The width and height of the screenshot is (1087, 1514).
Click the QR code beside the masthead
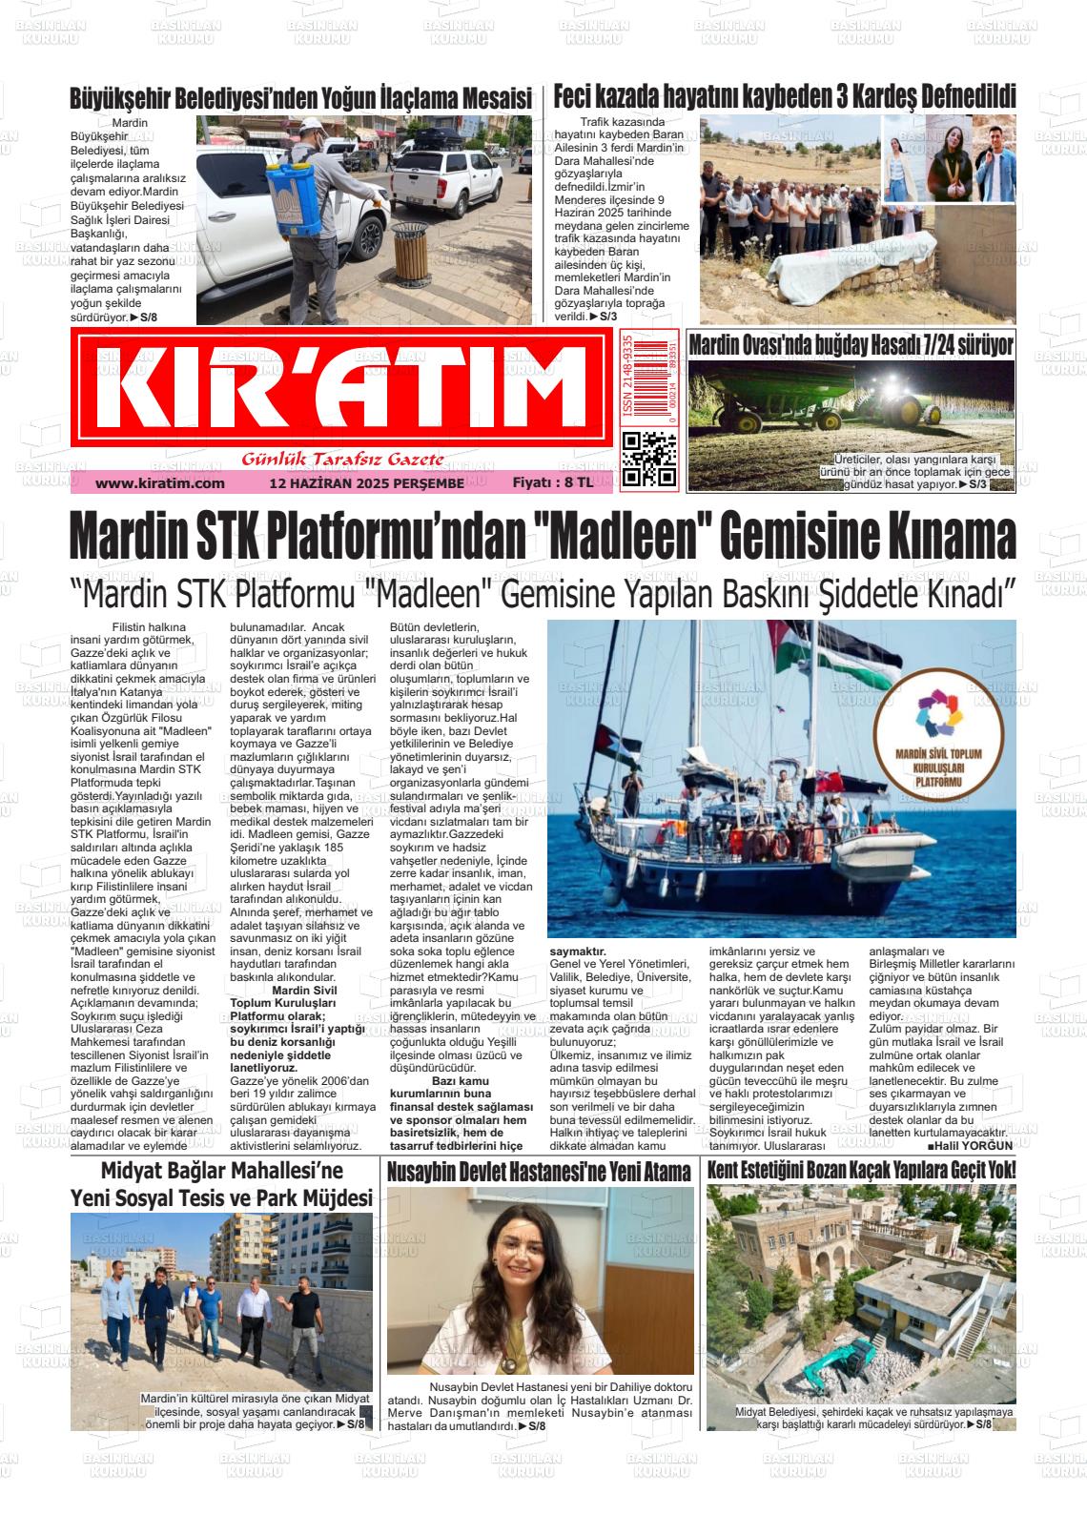coord(648,460)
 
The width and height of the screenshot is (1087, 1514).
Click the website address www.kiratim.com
coord(160,483)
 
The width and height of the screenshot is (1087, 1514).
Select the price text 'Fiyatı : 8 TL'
coord(553,482)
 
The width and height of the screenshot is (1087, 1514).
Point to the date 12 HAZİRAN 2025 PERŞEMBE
coord(367,483)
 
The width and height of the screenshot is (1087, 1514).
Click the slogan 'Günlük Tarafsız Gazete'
coord(343,460)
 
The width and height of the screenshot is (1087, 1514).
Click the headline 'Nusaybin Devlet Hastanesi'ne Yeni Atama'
coord(540,1172)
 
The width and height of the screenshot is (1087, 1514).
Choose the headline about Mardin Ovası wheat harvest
coord(851,345)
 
